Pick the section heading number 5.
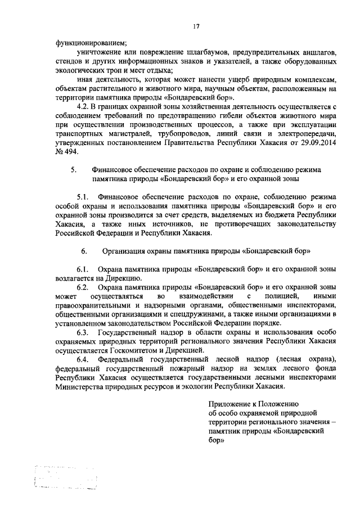tap(73, 169)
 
